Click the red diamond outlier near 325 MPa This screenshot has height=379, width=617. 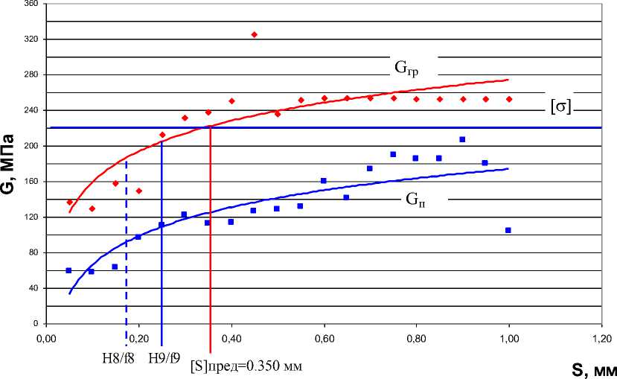click(254, 34)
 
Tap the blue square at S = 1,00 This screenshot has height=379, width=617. click(508, 230)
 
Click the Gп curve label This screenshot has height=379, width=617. click(415, 200)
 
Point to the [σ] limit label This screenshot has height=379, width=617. click(560, 106)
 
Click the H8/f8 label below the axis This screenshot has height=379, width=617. click(118, 358)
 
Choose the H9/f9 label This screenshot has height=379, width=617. click(164, 358)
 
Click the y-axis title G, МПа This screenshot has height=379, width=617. click(10, 162)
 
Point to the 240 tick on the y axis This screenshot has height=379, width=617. click(31, 110)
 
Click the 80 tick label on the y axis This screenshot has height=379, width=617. click(33, 252)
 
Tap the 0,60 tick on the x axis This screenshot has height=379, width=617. click(324, 339)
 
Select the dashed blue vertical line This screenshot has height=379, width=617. click(127, 253)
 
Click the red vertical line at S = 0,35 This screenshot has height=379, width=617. click(211, 238)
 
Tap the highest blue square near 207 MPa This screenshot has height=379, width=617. click(462, 139)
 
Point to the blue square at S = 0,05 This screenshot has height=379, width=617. click(68, 270)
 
